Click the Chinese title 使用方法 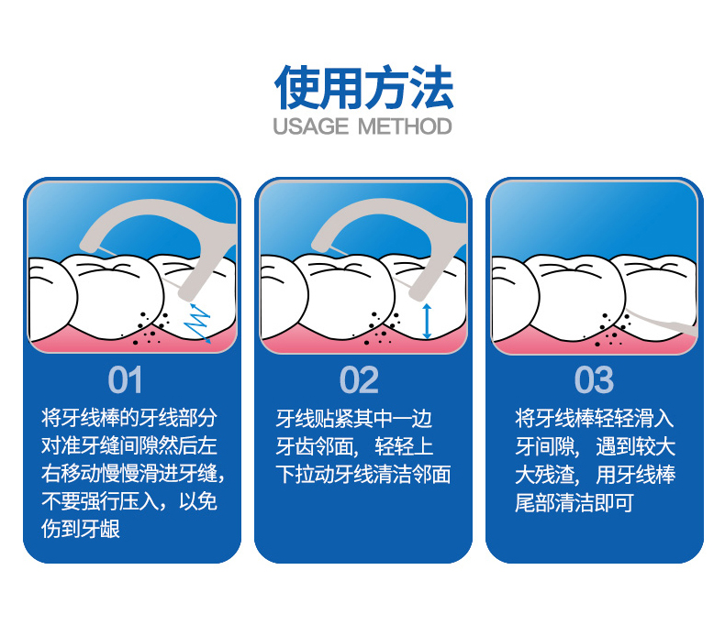(363, 88)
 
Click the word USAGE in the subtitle (311, 126)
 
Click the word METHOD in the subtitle (405, 126)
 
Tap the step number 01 (125, 380)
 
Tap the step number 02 (359, 380)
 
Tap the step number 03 (594, 380)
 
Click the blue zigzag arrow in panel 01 (197, 323)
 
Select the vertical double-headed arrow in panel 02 (427, 322)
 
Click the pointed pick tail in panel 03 (662, 323)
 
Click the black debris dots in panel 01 (151, 329)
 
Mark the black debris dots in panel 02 (382, 329)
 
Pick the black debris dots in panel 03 (613, 329)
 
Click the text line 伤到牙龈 (81, 529)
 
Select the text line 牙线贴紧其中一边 (353, 419)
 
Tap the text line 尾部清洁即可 (574, 503)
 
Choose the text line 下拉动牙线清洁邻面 (363, 475)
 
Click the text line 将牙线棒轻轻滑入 (594, 419)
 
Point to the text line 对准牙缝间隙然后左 (129, 446)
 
